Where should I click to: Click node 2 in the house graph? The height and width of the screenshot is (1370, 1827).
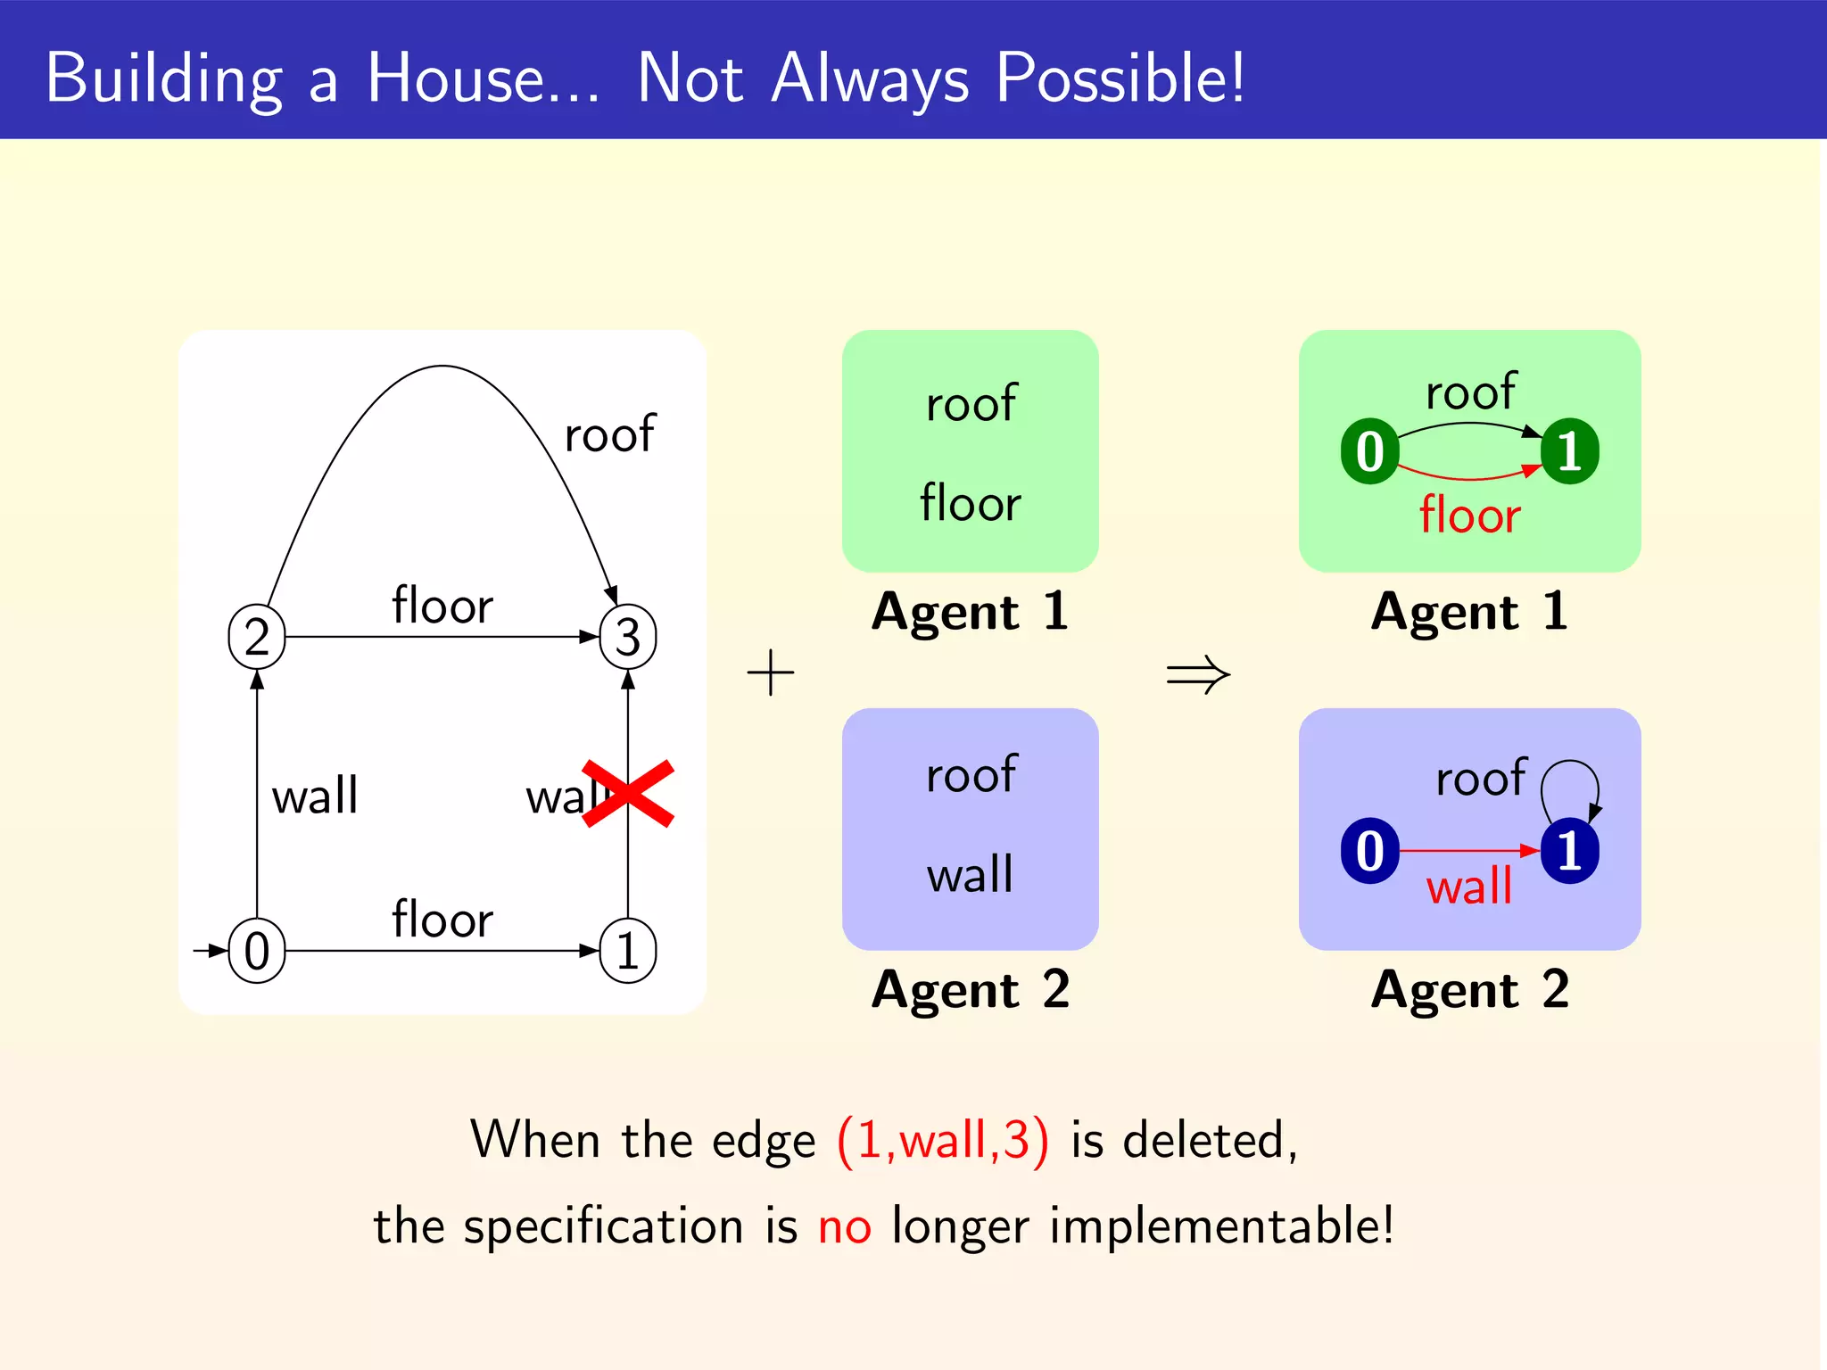[x=257, y=637]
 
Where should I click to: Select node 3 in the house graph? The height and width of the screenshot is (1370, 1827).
[x=628, y=637]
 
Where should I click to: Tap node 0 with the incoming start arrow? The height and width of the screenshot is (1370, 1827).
[x=257, y=951]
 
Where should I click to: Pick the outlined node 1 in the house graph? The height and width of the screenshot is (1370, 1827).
[x=628, y=951]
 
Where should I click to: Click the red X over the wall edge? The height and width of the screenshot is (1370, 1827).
[x=628, y=794]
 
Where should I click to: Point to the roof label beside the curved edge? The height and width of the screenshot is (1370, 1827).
[x=610, y=434]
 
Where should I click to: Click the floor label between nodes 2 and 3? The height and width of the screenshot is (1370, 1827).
[x=442, y=606]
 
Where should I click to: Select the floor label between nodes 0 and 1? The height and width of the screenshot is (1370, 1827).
[x=442, y=920]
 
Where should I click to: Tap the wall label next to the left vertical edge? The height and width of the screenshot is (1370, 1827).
[x=315, y=796]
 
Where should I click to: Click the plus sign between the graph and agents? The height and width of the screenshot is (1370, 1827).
[x=771, y=673]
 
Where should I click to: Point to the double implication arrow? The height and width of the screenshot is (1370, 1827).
[x=1198, y=674]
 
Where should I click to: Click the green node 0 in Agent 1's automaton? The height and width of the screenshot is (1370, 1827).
[x=1369, y=451]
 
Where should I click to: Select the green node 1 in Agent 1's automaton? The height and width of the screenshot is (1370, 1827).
[x=1570, y=451]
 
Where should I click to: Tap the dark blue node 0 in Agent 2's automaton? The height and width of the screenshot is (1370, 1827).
[x=1369, y=851]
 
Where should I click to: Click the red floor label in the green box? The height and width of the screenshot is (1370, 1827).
[x=1469, y=516]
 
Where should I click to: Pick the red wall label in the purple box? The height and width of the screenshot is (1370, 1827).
[x=1469, y=887]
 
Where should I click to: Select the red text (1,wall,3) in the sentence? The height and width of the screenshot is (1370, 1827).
[x=943, y=1140]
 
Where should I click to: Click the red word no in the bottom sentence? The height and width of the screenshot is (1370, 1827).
[x=844, y=1226]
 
